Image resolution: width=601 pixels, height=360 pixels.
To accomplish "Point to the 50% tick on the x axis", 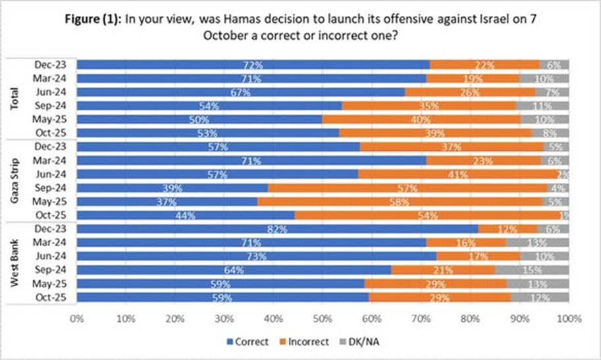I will click(322, 319).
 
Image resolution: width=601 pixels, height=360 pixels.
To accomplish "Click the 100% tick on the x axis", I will click(567, 319).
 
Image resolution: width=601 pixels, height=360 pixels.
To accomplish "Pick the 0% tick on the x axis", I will click(77, 319).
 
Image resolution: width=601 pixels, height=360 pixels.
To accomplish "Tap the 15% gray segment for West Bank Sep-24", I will click(532, 270).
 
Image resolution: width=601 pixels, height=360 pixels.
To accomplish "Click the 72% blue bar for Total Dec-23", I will click(253, 64).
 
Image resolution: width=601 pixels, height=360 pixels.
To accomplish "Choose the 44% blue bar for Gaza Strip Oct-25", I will click(185, 215).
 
